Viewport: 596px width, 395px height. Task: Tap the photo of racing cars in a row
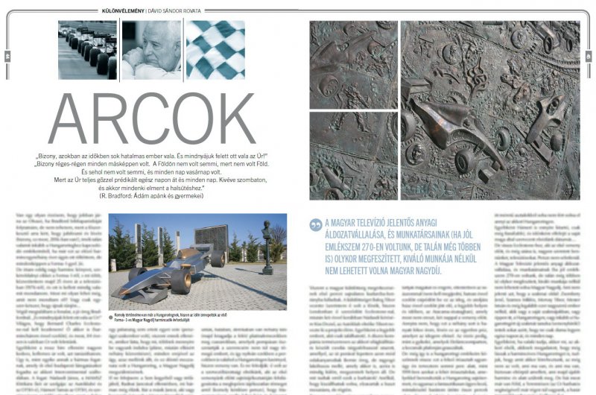86,49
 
